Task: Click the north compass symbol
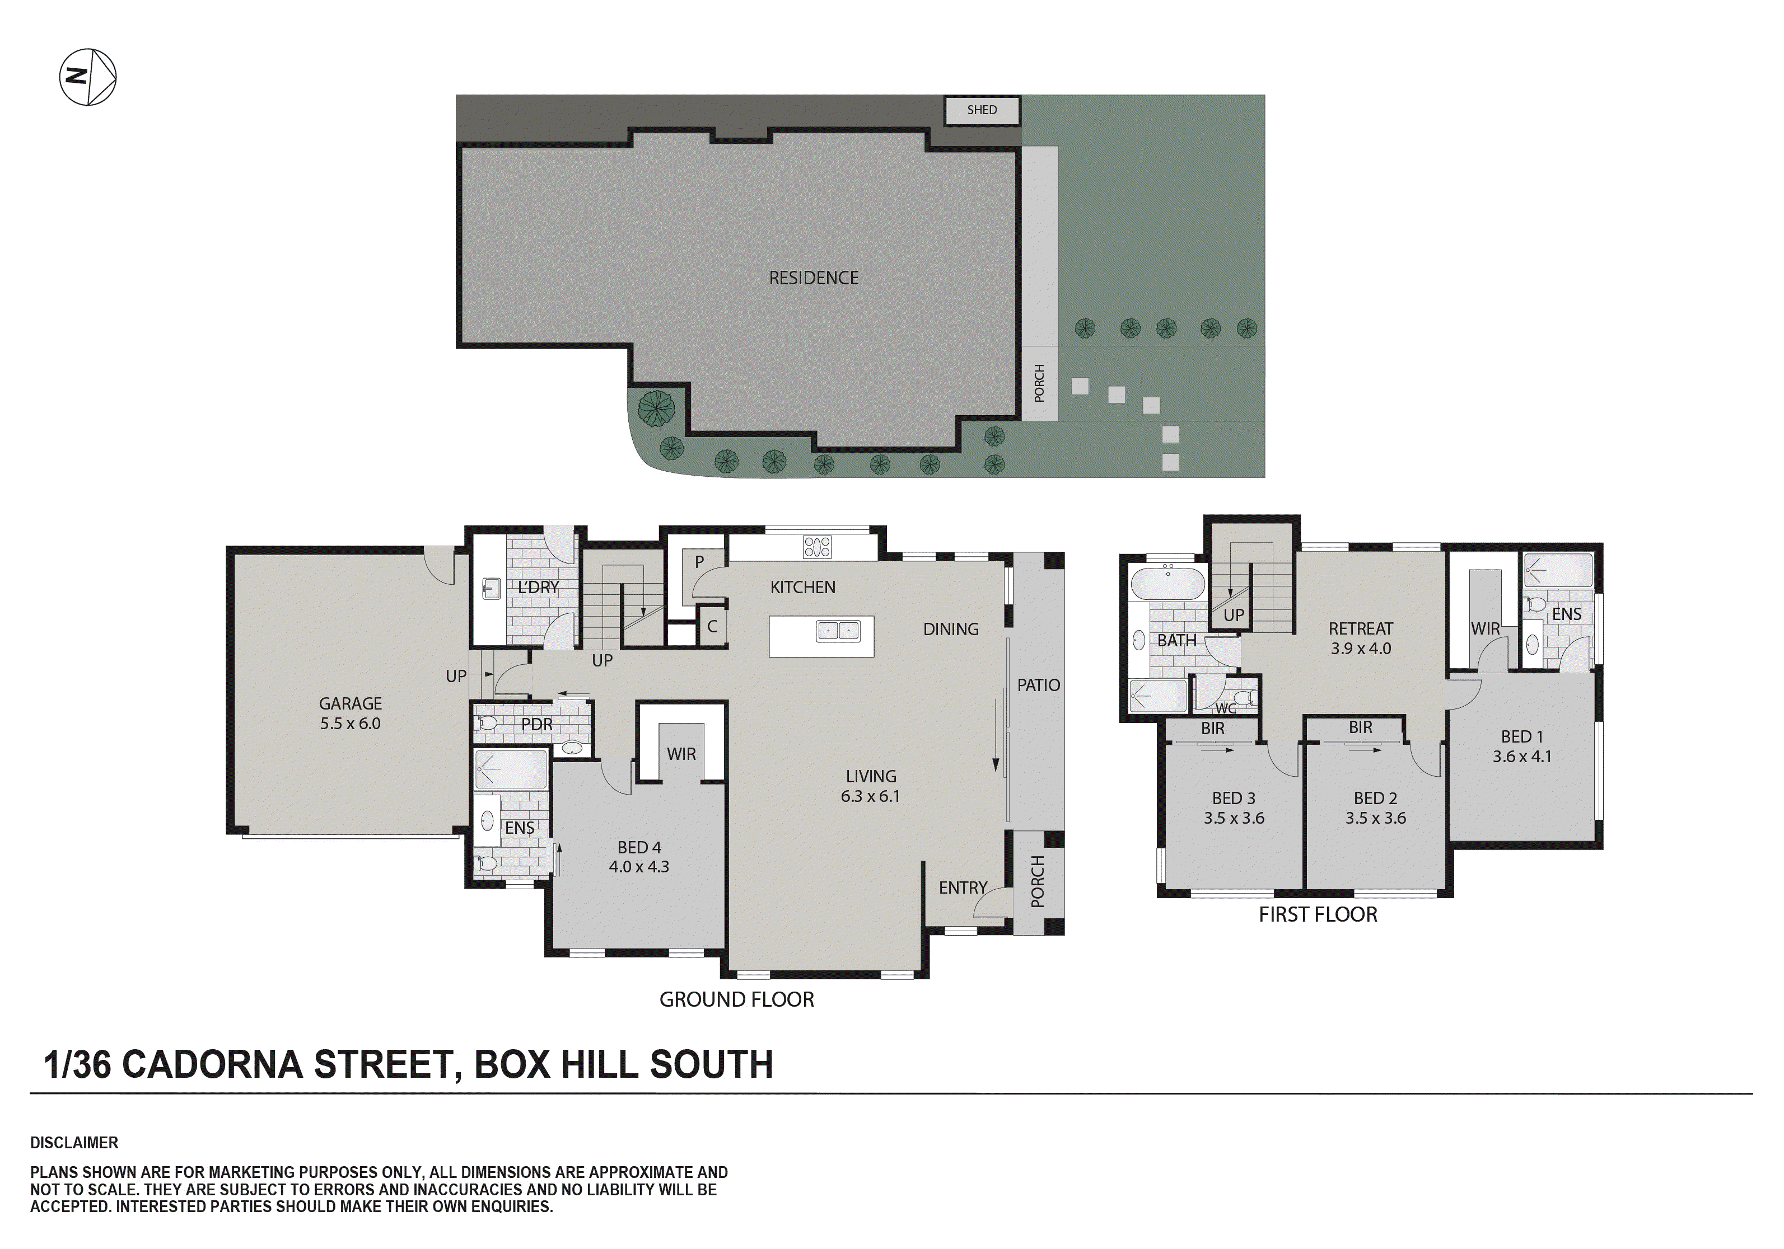click(88, 77)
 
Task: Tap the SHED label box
click(982, 110)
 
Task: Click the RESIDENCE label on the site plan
click(814, 278)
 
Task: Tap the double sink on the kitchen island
click(838, 631)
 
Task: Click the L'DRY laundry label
click(538, 587)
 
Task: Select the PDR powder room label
click(536, 725)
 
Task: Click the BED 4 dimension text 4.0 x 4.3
click(639, 867)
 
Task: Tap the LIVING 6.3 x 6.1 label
click(870, 786)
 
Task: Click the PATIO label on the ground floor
click(1038, 685)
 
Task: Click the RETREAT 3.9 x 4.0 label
click(1360, 638)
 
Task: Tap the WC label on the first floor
click(1225, 708)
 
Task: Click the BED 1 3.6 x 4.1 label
click(1521, 746)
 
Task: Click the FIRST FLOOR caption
click(1318, 915)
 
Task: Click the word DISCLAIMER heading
click(74, 1143)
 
